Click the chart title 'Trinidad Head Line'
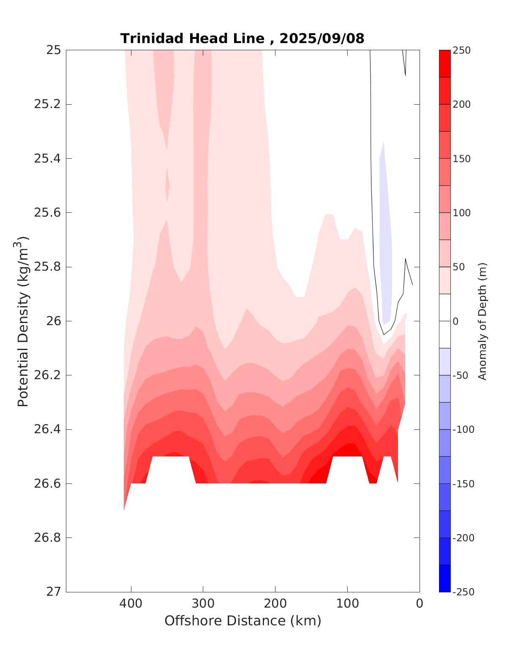click(192, 39)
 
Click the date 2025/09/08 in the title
click(322, 39)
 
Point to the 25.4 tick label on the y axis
click(47, 158)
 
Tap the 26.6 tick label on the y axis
click(47, 483)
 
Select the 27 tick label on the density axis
click(53, 592)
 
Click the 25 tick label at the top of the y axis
click(53, 50)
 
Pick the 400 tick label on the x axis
click(131, 603)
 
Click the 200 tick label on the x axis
click(275, 603)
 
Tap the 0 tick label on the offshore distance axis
click(420, 603)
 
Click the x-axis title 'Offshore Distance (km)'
click(243, 621)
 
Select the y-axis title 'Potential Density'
click(23, 321)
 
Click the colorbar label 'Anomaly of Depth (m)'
click(482, 321)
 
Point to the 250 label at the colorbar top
click(461, 50)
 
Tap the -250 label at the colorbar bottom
click(463, 592)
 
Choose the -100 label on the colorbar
click(463, 429)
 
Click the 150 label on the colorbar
click(461, 159)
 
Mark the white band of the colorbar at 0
click(444, 321)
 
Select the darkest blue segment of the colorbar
click(444, 578)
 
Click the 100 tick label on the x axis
click(347, 603)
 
